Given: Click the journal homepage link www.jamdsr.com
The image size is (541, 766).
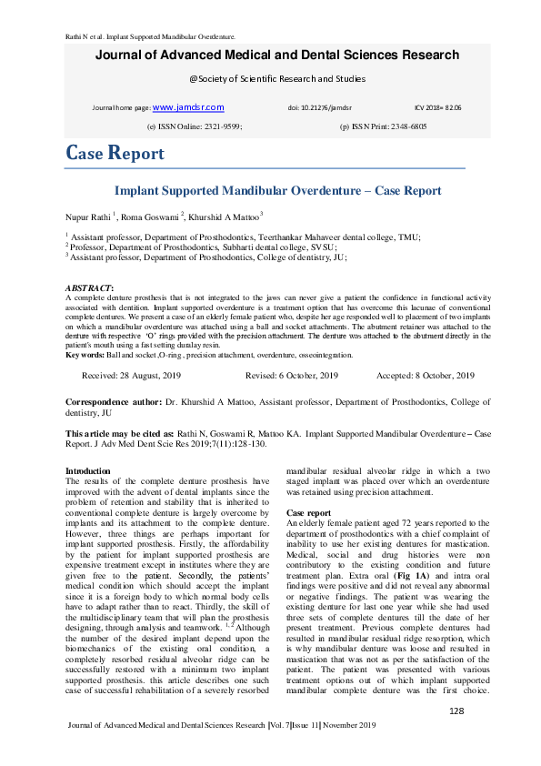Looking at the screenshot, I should coord(188,107).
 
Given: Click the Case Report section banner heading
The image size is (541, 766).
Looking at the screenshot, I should coord(115,153).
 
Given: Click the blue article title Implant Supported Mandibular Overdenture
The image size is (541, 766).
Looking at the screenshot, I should coord(277,191).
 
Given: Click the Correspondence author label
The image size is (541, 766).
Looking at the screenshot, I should coord(116,401).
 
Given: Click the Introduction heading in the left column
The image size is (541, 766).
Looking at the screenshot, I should coord(88,470).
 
